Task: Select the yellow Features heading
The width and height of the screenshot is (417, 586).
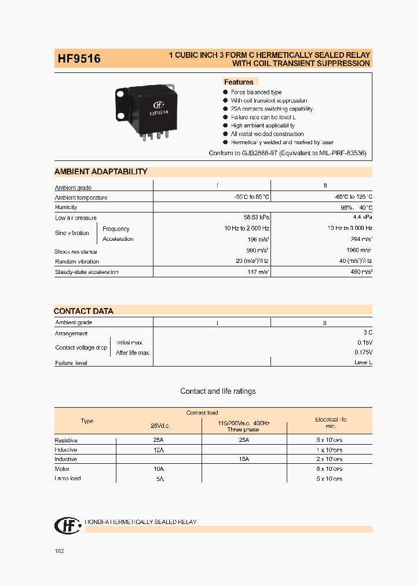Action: coord(239,82)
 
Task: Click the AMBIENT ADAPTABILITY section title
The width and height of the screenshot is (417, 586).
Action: coord(101,171)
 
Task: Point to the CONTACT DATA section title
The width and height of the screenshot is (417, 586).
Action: coord(83,311)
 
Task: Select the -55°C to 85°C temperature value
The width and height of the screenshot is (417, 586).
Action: coord(248,197)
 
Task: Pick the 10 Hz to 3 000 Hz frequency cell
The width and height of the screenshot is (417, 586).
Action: coord(349,229)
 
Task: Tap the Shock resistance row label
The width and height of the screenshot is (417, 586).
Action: coord(76,252)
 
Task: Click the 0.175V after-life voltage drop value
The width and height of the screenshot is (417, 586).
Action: coord(363,352)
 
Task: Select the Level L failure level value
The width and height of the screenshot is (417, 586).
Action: coord(363,362)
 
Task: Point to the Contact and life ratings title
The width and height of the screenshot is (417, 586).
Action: coord(218,391)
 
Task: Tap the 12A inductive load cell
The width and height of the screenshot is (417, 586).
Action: coord(159,450)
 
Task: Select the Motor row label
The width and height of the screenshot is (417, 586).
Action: coord(62,468)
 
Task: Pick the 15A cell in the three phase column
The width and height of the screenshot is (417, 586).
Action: coord(243,459)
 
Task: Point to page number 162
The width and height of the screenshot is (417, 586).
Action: coord(59,551)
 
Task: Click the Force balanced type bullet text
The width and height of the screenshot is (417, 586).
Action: coord(256,92)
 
